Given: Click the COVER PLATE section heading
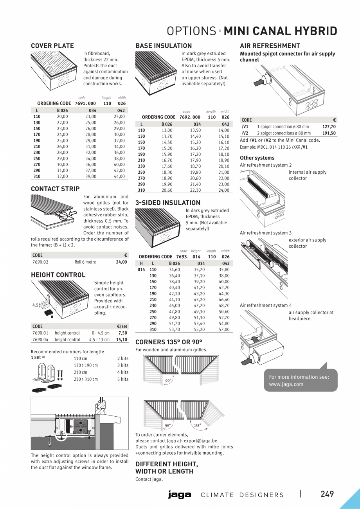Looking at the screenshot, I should [x=52, y=46].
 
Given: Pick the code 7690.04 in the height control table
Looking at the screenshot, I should [x=40, y=340].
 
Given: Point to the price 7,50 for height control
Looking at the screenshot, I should [x=122, y=333].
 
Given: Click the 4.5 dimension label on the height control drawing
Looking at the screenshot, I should [x=35, y=305].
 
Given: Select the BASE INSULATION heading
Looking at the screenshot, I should [x=164, y=46].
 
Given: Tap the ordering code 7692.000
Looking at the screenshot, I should [x=190, y=117].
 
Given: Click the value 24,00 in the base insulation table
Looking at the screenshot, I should [x=224, y=190].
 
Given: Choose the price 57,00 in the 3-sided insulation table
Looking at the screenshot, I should [x=224, y=329].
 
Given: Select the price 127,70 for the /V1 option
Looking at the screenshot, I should [x=329, y=127].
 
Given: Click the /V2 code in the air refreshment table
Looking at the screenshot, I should [x=245, y=133].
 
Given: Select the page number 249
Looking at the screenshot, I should [x=327, y=494].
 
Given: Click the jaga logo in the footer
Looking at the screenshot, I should [x=180, y=495].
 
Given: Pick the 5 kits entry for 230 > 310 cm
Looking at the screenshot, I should [x=122, y=379].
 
